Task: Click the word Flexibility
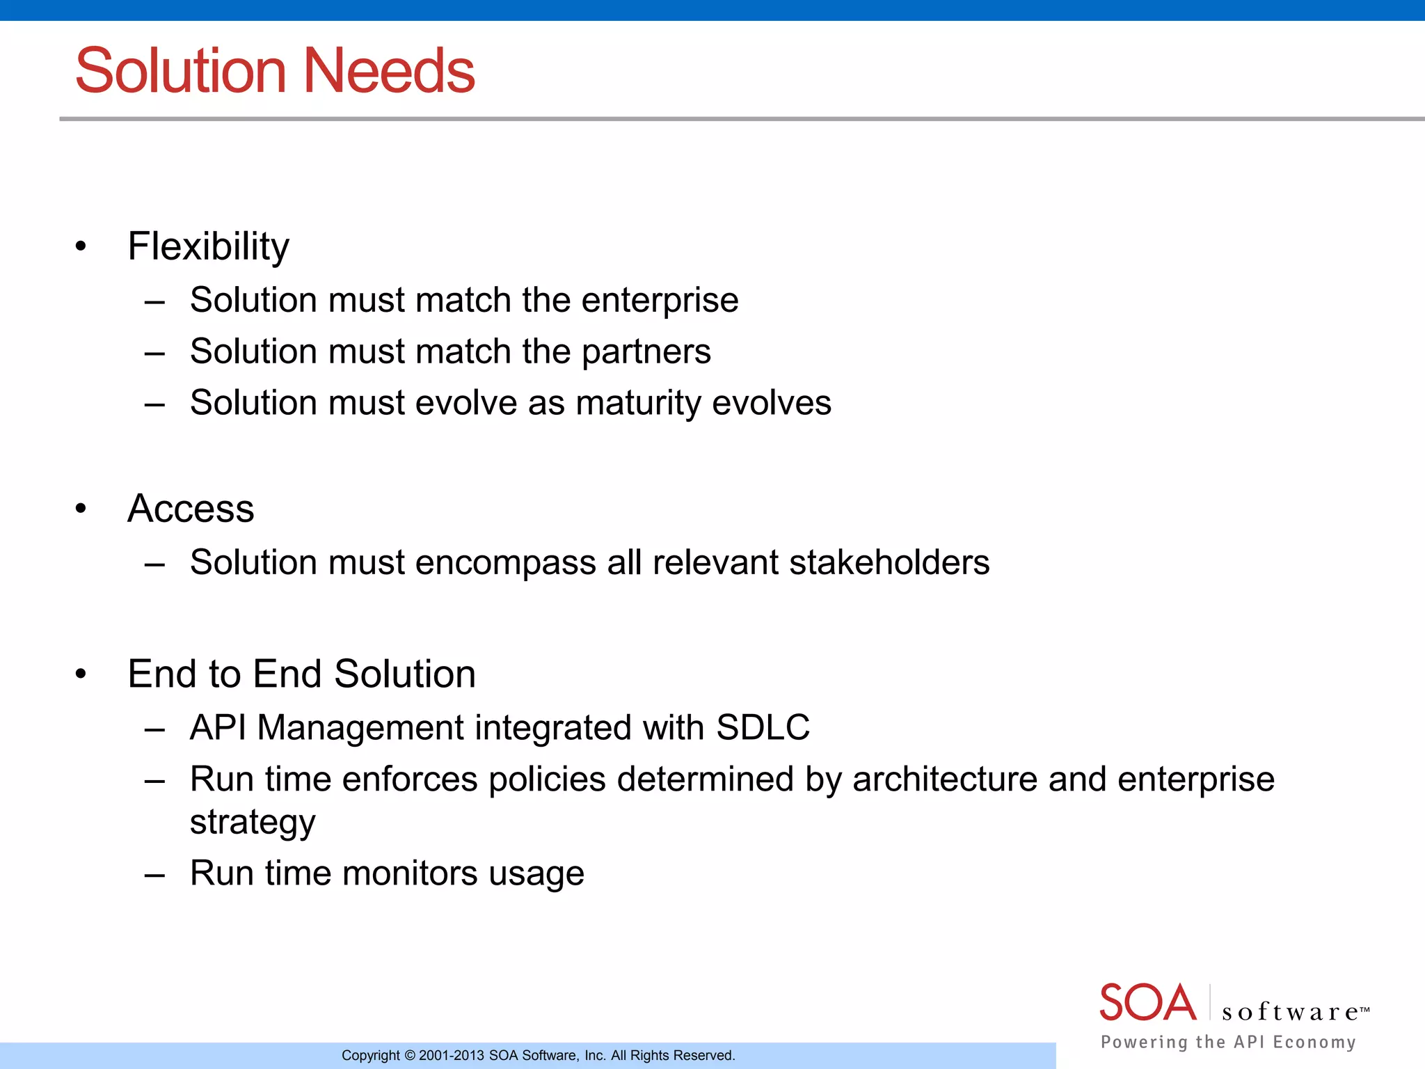click(x=208, y=246)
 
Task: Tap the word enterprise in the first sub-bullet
click(x=660, y=301)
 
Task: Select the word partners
click(x=646, y=351)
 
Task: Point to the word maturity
click(x=639, y=404)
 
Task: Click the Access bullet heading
click(x=191, y=508)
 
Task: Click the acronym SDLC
click(x=763, y=727)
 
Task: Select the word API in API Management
click(x=218, y=727)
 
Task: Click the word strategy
click(x=253, y=823)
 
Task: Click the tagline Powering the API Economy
click(x=1228, y=1042)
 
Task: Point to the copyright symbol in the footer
click(x=409, y=1056)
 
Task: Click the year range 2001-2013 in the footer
click(x=451, y=1056)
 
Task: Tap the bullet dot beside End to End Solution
click(x=81, y=674)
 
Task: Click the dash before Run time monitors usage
click(x=154, y=873)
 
